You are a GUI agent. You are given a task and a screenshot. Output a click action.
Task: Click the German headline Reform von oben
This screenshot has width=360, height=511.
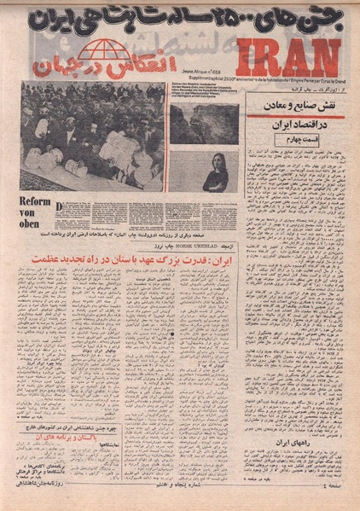tap(33, 211)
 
